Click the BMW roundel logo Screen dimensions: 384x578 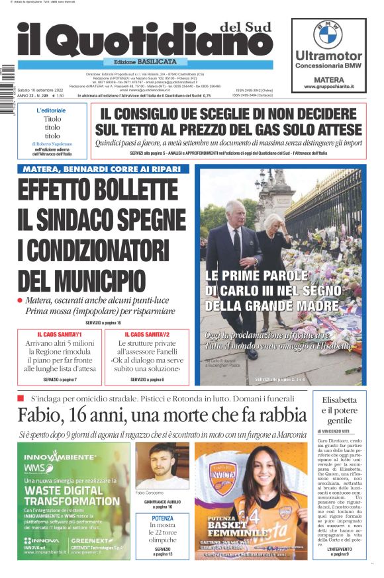pos(328,34)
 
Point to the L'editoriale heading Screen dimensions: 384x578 pos(51,110)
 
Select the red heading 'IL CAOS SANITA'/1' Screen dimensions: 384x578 pos(60,335)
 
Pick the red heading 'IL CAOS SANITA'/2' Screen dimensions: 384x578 pos(147,335)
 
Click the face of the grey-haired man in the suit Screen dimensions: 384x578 pos(234,214)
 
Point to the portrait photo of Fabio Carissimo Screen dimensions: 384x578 pos(162,466)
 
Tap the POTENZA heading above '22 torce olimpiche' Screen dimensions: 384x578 pos(163,518)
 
